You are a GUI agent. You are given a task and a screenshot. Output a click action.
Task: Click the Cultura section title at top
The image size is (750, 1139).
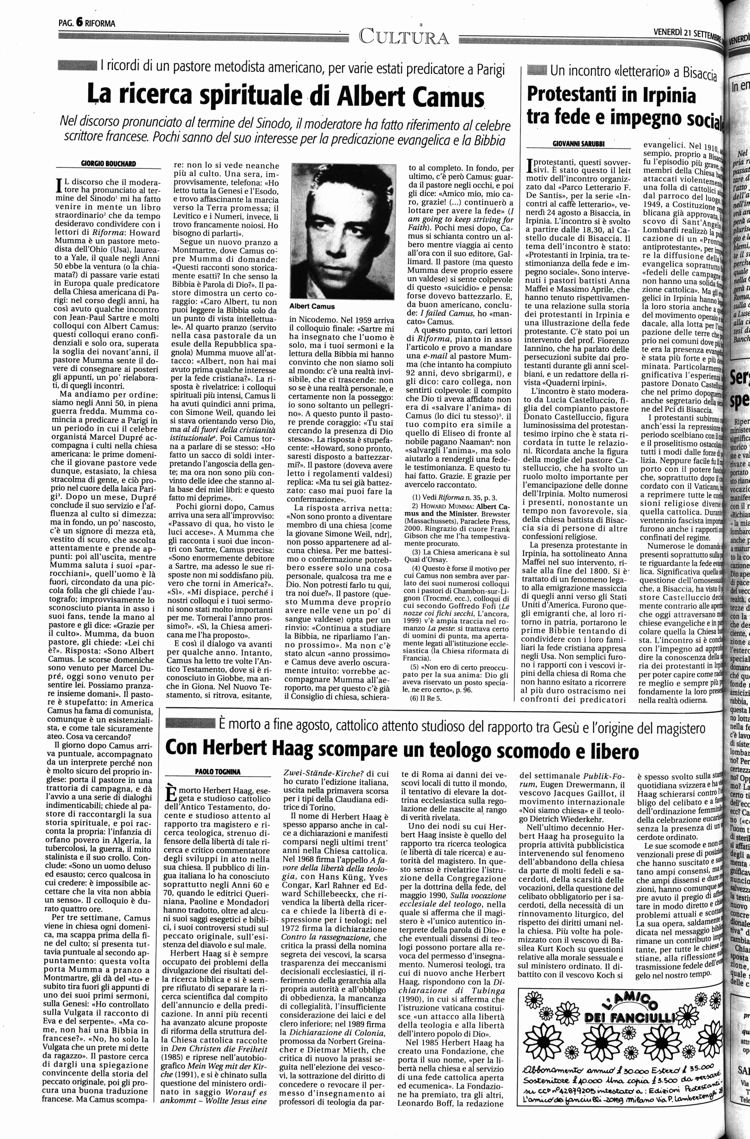tap(404, 37)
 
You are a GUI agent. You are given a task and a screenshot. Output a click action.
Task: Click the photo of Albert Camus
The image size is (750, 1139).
tap(343, 231)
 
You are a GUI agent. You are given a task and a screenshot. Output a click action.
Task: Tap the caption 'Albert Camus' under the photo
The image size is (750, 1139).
tap(312, 306)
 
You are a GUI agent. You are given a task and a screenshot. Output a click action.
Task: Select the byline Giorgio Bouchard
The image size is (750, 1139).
tap(109, 164)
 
